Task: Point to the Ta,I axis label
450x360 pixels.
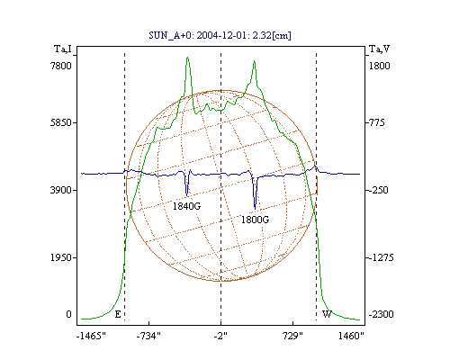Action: pyautogui.click(x=63, y=49)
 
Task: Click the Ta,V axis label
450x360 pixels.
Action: pyautogui.click(x=379, y=49)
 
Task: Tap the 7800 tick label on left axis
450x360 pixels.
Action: pyautogui.click(x=61, y=66)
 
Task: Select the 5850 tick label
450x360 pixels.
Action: pyautogui.click(x=61, y=122)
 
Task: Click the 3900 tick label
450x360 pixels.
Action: pyautogui.click(x=61, y=190)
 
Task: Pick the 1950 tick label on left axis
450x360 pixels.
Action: pyautogui.click(x=61, y=257)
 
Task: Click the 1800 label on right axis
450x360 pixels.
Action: pyautogui.click(x=379, y=66)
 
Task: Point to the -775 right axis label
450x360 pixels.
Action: pyautogui.click(x=376, y=122)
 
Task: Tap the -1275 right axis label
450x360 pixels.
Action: pyautogui.click(x=381, y=257)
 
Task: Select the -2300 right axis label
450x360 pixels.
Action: pyautogui.click(x=381, y=314)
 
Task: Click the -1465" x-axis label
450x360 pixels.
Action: pyautogui.click(x=91, y=336)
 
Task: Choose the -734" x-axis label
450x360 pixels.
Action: pyautogui.click(x=148, y=336)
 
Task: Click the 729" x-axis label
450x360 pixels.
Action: pyautogui.click(x=292, y=336)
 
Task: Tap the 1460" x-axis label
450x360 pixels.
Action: pyautogui.click(x=351, y=336)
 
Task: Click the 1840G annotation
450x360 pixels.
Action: pyautogui.click(x=186, y=206)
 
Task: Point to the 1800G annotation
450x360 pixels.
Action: pyautogui.click(x=255, y=220)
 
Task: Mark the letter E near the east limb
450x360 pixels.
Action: pyautogui.click(x=118, y=314)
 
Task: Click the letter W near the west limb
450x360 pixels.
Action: pyautogui.click(x=327, y=314)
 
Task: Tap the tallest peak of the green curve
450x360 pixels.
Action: pyautogui.click(x=187, y=58)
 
